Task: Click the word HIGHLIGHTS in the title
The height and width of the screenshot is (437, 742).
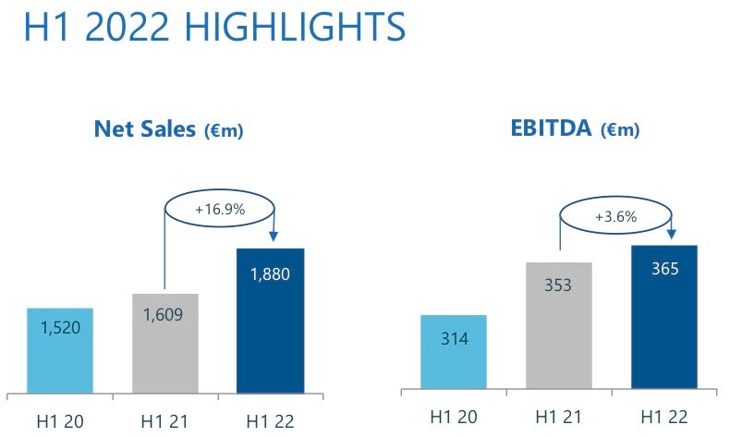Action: point(286,28)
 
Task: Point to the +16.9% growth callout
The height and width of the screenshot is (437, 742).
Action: point(219,210)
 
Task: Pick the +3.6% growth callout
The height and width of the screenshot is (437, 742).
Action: point(616,218)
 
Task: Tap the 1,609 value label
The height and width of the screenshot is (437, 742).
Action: point(164,314)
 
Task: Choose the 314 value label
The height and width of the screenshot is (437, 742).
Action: point(454,339)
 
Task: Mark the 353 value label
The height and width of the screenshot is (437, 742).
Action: point(559,285)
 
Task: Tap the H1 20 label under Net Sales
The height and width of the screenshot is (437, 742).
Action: point(60,420)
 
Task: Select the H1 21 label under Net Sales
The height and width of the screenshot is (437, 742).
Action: point(165,420)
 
